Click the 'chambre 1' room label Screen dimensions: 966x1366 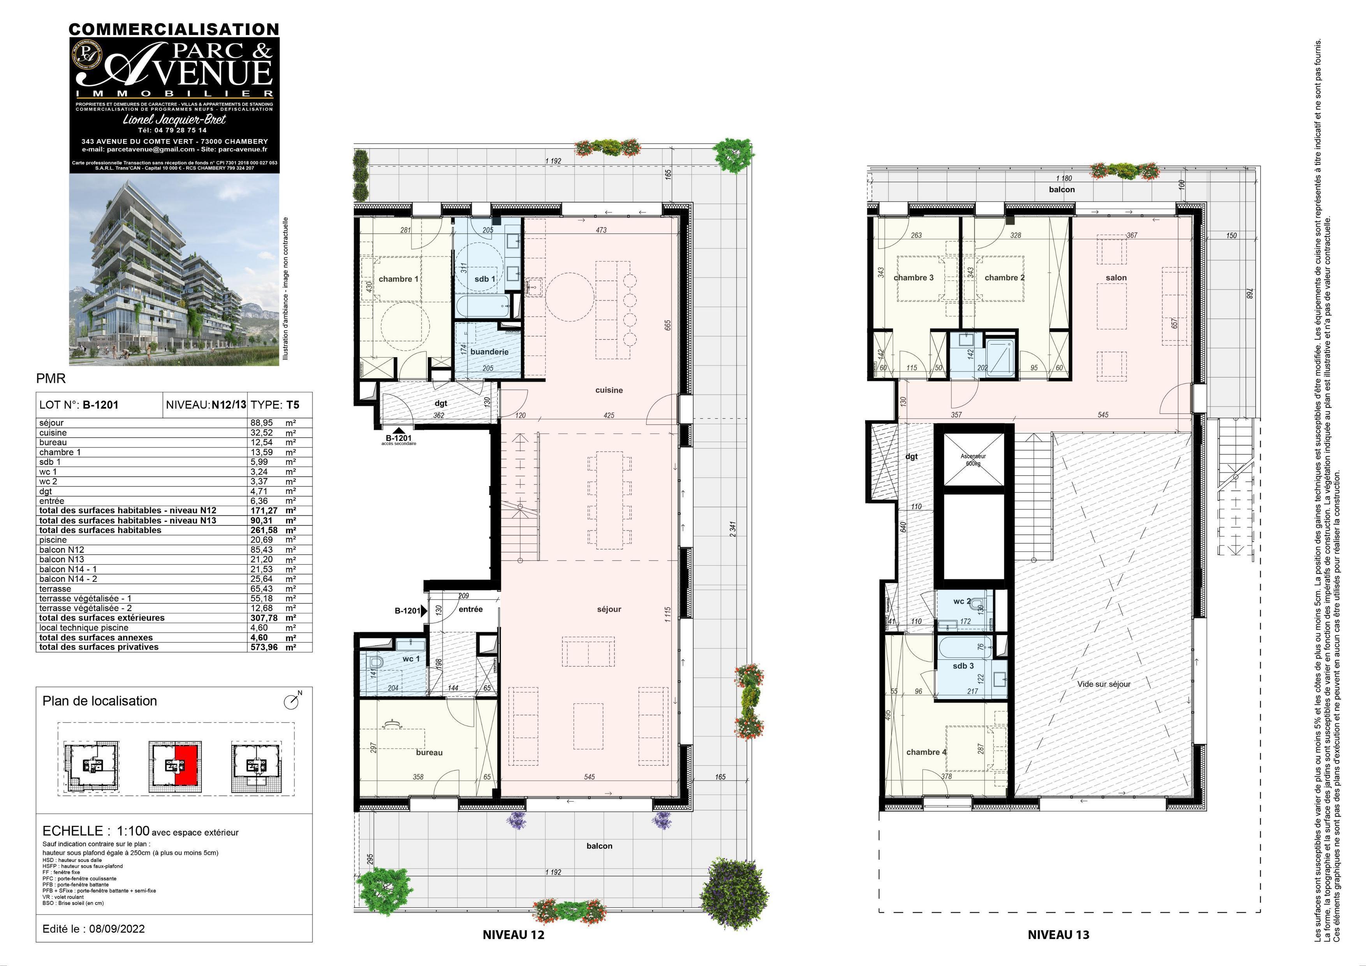398,279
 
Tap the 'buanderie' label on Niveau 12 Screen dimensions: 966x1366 489,352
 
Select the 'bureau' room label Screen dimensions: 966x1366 429,752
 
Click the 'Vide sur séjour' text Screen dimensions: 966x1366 1103,684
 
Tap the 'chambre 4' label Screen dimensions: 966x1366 926,752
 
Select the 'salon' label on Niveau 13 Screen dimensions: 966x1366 1116,277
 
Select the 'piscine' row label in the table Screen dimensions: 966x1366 53,540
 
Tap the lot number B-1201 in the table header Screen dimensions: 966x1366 100,405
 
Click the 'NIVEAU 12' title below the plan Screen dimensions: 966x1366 513,934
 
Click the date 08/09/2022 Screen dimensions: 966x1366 116,929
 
